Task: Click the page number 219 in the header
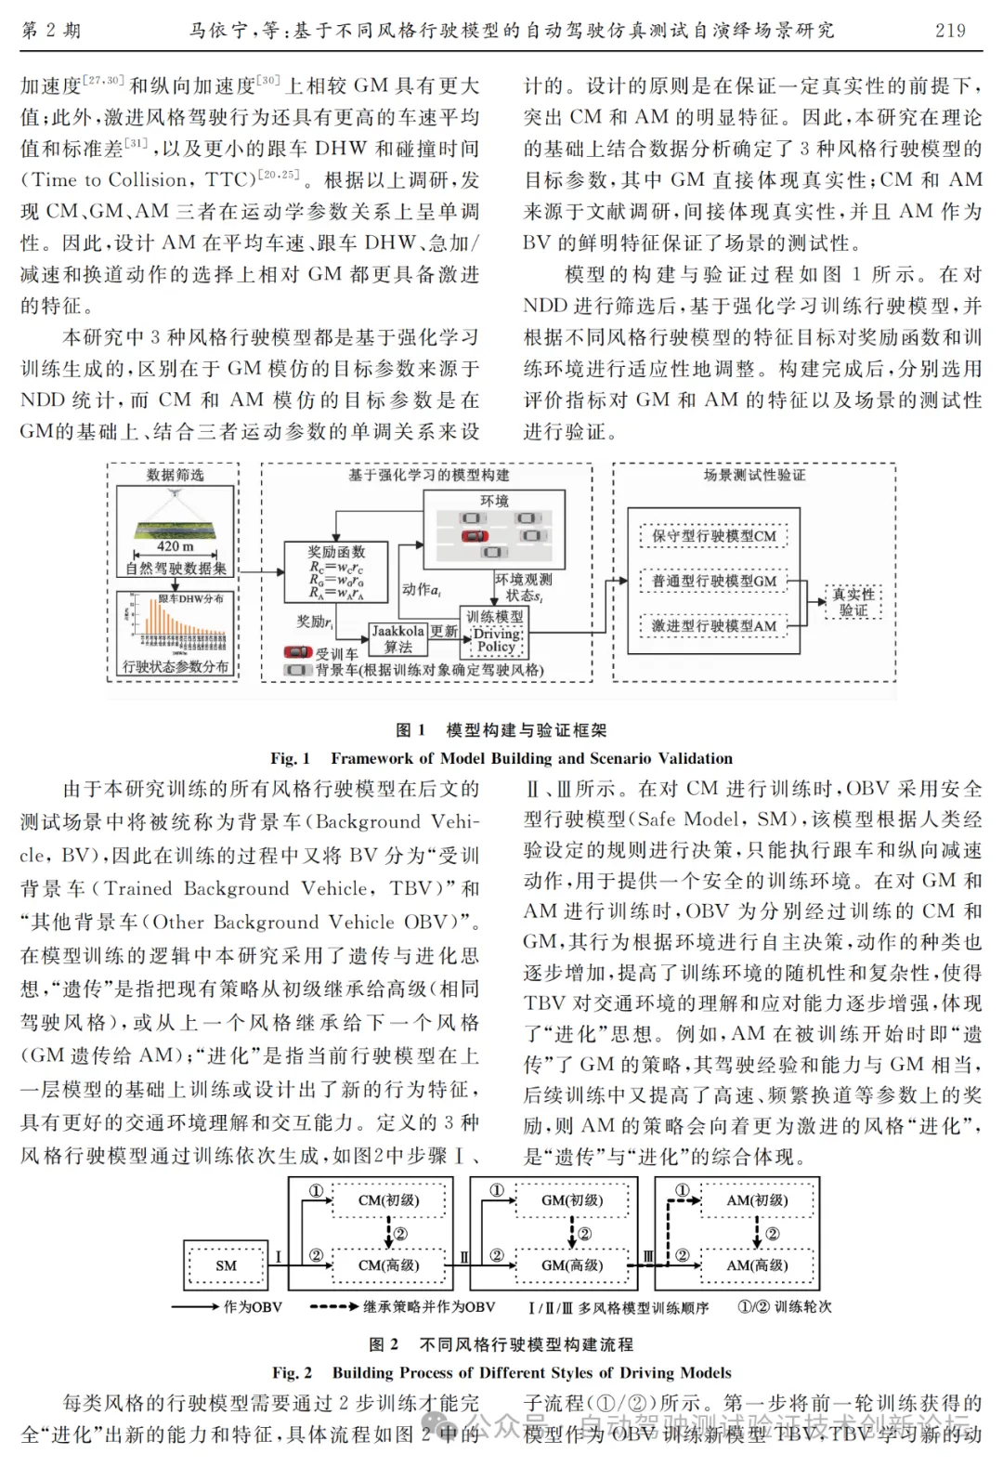[x=950, y=30]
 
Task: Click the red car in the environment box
[x=474, y=536]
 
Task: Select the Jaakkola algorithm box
[x=398, y=638]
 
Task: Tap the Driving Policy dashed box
[x=496, y=640]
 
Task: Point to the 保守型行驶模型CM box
[x=713, y=536]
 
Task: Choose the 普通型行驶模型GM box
[x=713, y=581]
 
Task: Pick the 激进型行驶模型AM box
[x=713, y=625]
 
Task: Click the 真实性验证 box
[x=853, y=602]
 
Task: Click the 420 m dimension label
[x=175, y=546]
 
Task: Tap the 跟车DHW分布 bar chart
[x=175, y=624]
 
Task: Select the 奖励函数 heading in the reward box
[x=336, y=552]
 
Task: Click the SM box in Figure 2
[x=226, y=1265]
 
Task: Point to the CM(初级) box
[x=388, y=1200]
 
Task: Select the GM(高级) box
[x=572, y=1265]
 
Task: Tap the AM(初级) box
[x=757, y=1200]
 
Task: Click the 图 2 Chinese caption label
[x=384, y=1344]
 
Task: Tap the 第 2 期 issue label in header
[x=51, y=30]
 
